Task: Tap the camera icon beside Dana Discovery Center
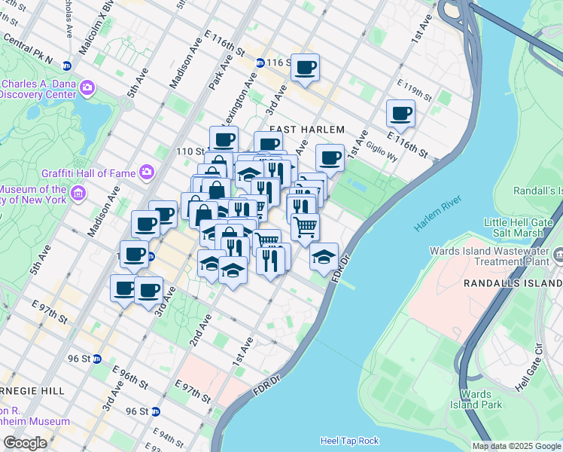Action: (87, 88)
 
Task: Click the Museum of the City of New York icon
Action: (78, 195)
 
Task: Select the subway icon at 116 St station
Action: (260, 63)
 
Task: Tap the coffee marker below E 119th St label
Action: (400, 114)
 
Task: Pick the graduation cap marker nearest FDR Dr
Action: (324, 257)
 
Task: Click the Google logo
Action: (25, 443)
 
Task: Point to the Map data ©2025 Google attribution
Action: (516, 446)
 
